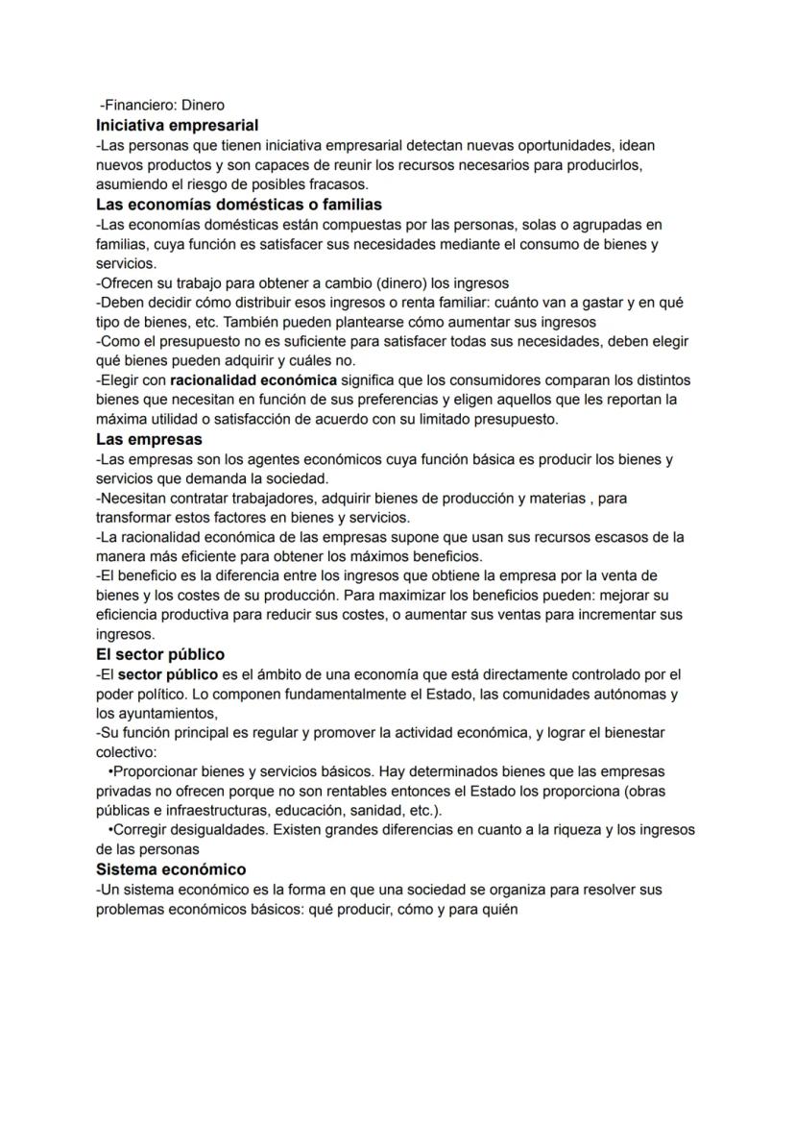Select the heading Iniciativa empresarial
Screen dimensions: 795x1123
(x=177, y=125)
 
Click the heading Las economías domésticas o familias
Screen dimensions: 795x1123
(x=239, y=205)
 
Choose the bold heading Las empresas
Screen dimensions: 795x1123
(x=149, y=439)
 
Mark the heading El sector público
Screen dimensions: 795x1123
(x=160, y=655)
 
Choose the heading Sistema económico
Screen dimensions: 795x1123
(x=171, y=869)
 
